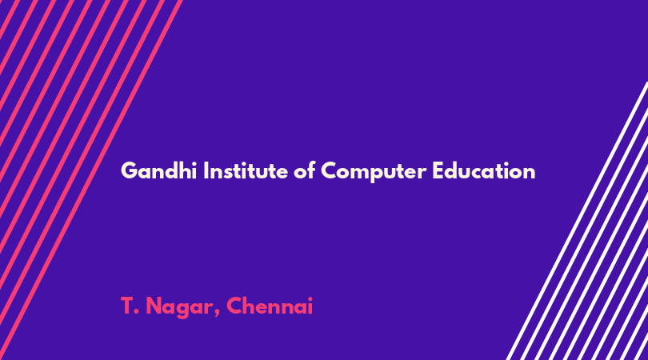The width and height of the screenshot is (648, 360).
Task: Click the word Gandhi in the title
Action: pos(158,170)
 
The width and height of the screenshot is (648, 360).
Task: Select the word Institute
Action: pos(246,170)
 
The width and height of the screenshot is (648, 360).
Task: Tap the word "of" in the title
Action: pos(305,170)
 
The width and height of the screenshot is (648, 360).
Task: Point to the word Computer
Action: pos(374,171)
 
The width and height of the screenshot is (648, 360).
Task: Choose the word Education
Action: pos(484,170)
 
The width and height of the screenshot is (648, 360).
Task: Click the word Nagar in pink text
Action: pos(180,307)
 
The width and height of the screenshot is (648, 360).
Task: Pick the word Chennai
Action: pos(270,306)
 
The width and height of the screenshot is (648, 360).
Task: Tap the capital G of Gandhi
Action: pos(129,170)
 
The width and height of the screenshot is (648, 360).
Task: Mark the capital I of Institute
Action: pos(206,170)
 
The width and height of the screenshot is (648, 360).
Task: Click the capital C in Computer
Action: pos(329,170)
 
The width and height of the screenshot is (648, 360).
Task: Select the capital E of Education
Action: pos(438,170)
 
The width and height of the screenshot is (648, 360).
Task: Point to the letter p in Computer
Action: pos(377,174)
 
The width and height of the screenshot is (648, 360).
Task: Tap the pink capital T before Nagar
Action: pos(127,306)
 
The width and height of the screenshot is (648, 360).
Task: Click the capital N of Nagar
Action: pos(154,306)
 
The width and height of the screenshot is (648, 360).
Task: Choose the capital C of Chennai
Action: pos(234,306)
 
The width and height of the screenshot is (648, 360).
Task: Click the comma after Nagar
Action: pos(217,314)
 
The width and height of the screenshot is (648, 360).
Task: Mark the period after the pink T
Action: pos(138,313)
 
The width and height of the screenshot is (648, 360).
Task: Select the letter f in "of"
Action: pos(311,170)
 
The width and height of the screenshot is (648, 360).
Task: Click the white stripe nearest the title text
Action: pos(578,221)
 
